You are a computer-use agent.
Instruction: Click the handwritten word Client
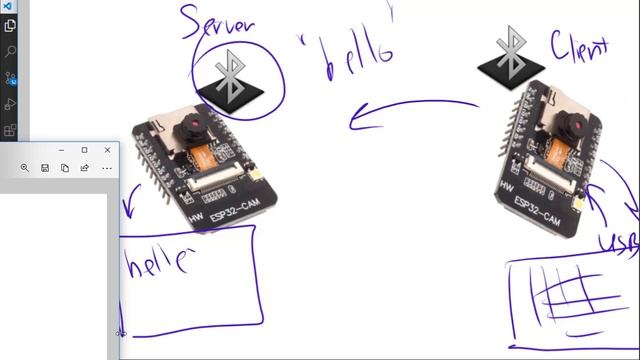580,45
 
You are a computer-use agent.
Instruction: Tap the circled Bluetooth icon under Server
232,77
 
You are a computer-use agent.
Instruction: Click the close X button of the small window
108,150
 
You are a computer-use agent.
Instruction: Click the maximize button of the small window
84,150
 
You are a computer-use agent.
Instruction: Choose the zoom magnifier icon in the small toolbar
25,168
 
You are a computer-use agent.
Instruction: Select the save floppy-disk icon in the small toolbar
45,168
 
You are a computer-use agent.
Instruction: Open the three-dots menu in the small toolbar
106,168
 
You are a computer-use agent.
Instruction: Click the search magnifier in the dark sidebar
11,51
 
